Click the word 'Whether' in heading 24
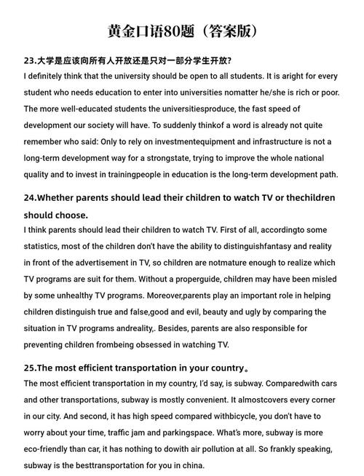point(59,197)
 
